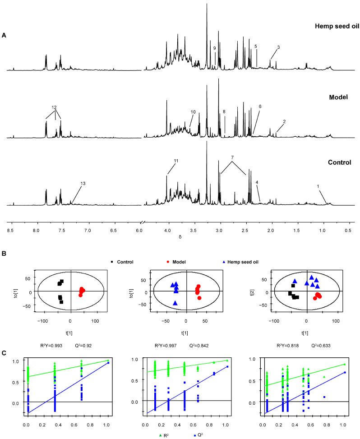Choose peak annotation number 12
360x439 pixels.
tap(54, 107)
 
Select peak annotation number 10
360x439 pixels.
tap(193, 112)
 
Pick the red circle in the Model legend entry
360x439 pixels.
tap(168, 262)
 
